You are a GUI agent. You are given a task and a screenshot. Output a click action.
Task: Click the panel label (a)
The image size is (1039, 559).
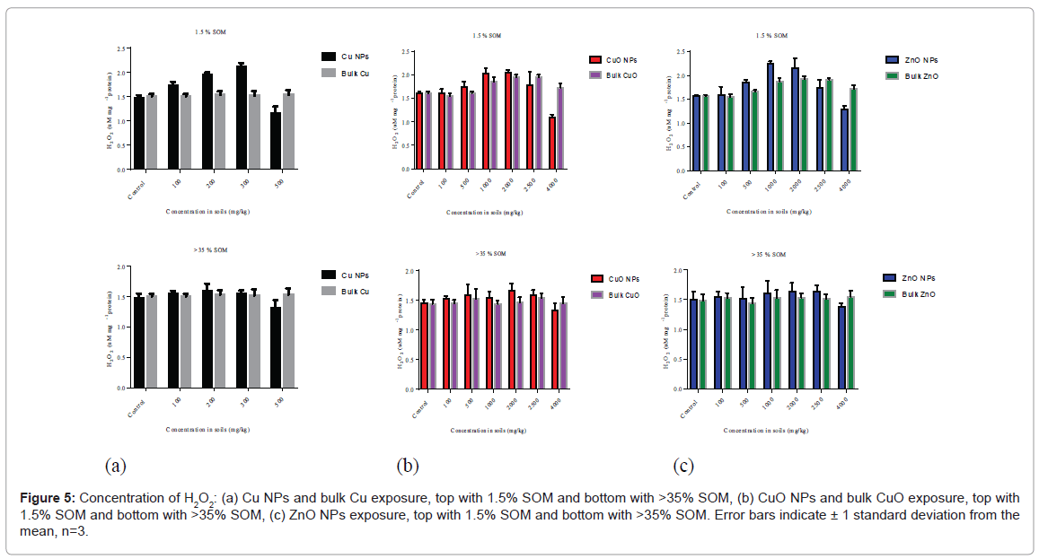coord(114,466)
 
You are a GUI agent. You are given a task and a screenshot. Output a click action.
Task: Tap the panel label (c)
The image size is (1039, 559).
coord(684,466)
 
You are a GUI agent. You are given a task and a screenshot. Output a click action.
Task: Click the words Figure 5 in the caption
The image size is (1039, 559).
coord(47,497)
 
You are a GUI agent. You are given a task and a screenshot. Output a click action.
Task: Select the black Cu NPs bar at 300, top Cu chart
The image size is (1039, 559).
coord(242,117)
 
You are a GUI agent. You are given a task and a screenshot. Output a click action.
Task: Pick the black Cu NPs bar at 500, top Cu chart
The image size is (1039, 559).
coord(276,140)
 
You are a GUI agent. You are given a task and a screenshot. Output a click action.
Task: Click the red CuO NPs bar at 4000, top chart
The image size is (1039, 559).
coord(552,143)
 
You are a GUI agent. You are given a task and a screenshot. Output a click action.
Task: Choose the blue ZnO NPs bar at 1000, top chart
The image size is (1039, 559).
coord(770,116)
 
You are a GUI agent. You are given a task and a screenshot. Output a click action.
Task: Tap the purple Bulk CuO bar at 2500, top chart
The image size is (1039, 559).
coord(538,123)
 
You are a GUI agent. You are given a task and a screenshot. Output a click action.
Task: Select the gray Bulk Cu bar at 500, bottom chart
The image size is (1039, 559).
coord(287,341)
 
